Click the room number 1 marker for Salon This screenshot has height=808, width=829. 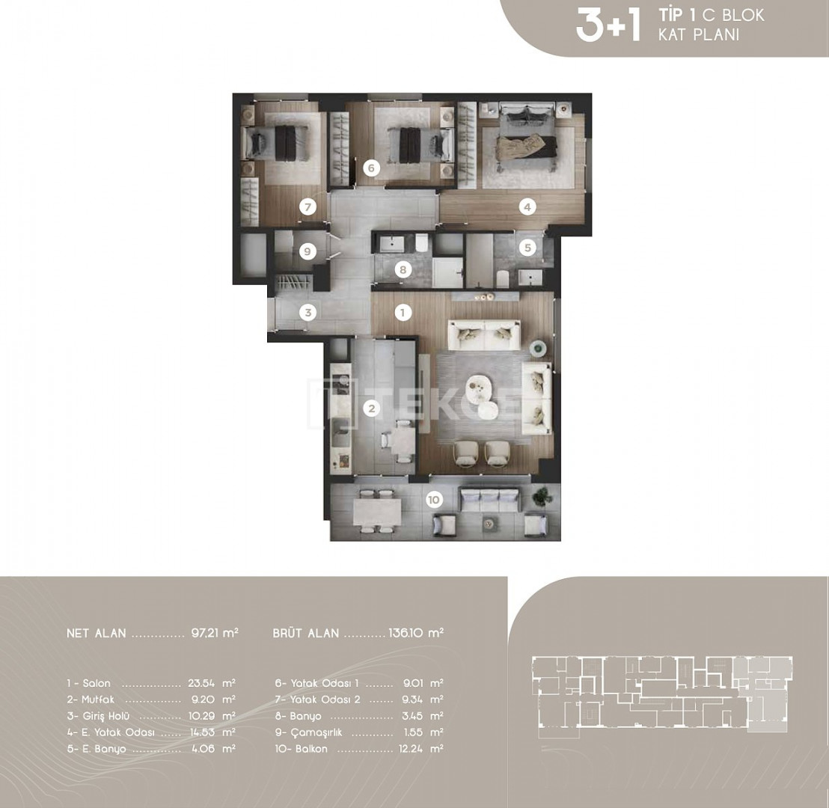click(403, 313)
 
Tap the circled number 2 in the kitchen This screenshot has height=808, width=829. click(372, 408)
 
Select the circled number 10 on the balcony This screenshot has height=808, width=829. click(433, 500)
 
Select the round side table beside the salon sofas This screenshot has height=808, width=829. click(539, 347)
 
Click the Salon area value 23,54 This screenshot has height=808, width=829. click(201, 683)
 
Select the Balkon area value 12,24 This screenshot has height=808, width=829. click(411, 749)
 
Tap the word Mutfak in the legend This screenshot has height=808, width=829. click(98, 700)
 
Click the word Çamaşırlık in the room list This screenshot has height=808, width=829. click(316, 733)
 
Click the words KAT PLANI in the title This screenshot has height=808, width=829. click(698, 35)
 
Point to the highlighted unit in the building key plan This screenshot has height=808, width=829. click(762, 693)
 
